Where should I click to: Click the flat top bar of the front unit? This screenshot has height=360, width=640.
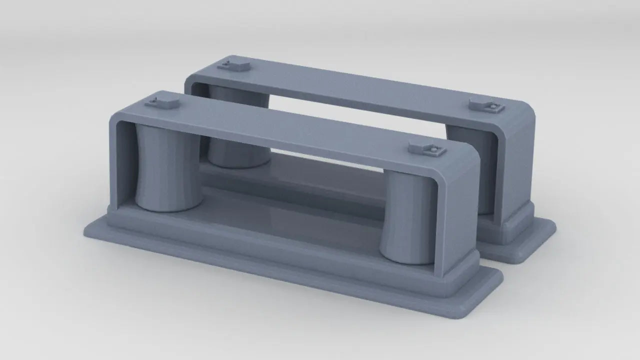click(290, 125)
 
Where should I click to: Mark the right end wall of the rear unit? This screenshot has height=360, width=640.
click(515, 165)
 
